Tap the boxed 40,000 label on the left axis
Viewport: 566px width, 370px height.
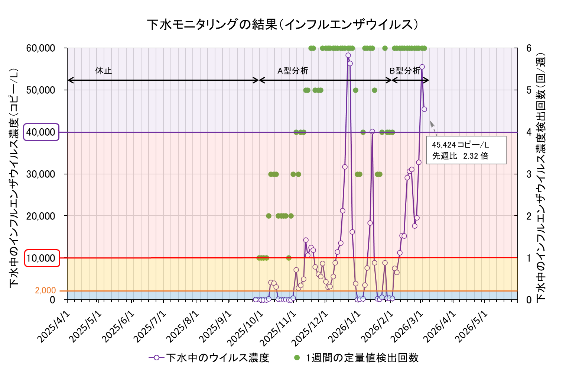pyautogui.click(x=41, y=132)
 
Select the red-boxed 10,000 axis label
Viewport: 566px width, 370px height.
pyautogui.click(x=42, y=258)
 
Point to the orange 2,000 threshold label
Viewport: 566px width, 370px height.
pyautogui.click(x=46, y=290)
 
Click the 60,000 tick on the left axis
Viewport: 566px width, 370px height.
pyautogui.click(x=41, y=48)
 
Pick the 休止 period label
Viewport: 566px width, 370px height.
pyautogui.click(x=103, y=71)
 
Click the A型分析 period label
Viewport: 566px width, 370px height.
pyautogui.click(x=293, y=71)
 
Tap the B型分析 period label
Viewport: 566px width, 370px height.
pyautogui.click(x=405, y=71)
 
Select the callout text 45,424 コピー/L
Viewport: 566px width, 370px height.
pyautogui.click(x=461, y=145)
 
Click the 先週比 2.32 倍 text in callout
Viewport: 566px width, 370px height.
pyautogui.click(x=460, y=156)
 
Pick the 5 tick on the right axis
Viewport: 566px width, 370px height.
pyautogui.click(x=529, y=90)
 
